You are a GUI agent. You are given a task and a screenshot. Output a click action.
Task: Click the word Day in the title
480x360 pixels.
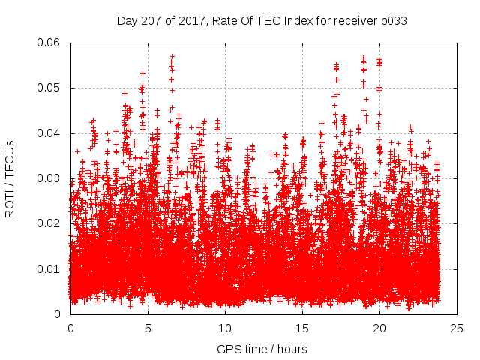pyautogui.click(x=127, y=20)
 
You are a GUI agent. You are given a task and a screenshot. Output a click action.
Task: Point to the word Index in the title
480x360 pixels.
pyautogui.click(x=300, y=20)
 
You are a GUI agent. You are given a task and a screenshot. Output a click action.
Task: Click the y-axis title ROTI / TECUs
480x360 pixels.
pyautogui.click(x=10, y=178)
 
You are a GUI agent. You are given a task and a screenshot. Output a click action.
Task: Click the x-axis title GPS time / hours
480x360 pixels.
pyautogui.click(x=262, y=349)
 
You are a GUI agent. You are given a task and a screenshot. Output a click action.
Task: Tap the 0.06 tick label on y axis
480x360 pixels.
pyautogui.click(x=49, y=43)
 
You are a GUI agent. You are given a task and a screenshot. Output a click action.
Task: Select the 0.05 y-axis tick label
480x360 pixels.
pyautogui.click(x=49, y=88)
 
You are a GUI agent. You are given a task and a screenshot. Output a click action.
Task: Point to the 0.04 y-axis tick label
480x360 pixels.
pyautogui.click(x=49, y=133)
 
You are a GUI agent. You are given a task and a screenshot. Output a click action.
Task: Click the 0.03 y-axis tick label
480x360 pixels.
pyautogui.click(x=49, y=178)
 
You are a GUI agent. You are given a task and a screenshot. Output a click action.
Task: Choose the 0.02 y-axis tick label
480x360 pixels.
pyautogui.click(x=49, y=223)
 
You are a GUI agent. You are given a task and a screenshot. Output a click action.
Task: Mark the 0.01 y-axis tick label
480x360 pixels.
pyautogui.click(x=49, y=268)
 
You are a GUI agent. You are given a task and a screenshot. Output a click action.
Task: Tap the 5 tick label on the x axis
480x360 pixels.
pyautogui.click(x=148, y=328)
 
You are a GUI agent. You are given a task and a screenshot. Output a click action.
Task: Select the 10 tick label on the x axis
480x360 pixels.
pyautogui.click(x=225, y=328)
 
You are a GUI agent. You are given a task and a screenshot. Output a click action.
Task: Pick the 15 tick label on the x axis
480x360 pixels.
pyautogui.click(x=302, y=328)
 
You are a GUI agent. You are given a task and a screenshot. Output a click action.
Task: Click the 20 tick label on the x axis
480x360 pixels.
pyautogui.click(x=379, y=328)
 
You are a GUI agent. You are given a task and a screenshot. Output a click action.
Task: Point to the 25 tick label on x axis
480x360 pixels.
pyautogui.click(x=457, y=328)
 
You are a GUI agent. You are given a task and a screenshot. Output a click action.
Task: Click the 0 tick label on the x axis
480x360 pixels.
pyautogui.click(x=70, y=328)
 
